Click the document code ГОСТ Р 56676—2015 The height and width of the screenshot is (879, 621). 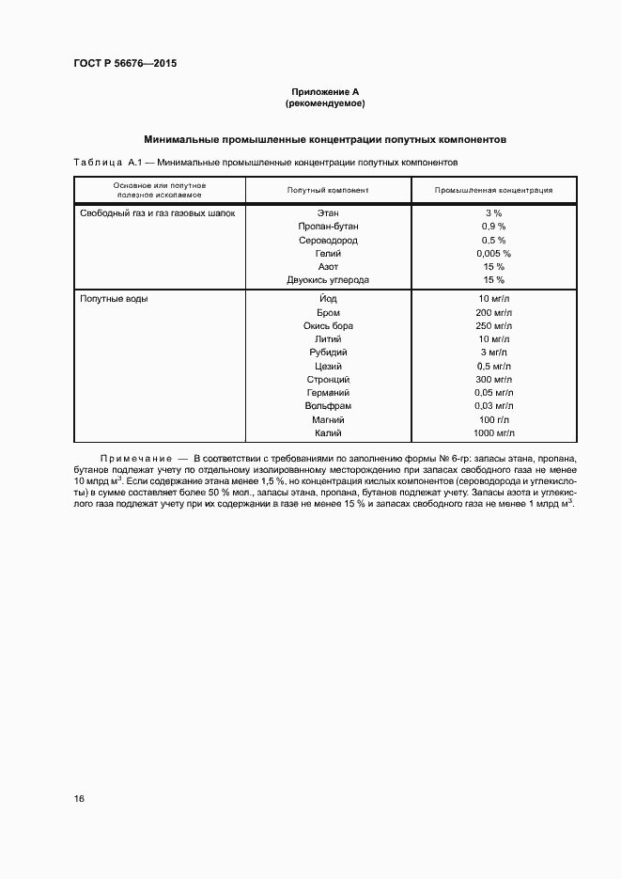coord(125,63)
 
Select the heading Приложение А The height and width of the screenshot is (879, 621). coord(324,91)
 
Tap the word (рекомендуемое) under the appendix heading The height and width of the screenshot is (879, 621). coord(324,102)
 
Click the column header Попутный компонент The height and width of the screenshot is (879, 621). coord(328,190)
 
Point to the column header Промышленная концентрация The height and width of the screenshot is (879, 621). coord(493,190)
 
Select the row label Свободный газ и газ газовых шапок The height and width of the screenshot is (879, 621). coord(157,213)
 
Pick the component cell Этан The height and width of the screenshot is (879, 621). coord(328,213)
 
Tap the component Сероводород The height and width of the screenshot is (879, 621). coord(328,240)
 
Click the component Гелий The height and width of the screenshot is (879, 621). coord(328,254)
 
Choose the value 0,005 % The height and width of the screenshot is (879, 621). coord(493,254)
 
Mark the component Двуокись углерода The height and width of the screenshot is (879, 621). coord(328,280)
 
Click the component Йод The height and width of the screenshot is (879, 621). coord(328,299)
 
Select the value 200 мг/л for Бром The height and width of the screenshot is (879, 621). coord(494,312)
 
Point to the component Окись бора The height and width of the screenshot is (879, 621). coord(328,325)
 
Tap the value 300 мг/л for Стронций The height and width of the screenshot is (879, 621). coord(494,379)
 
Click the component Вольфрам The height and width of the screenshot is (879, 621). coord(328,405)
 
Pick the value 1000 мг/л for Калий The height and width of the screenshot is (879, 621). coord(494,432)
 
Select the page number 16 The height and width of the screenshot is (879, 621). coord(79,798)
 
